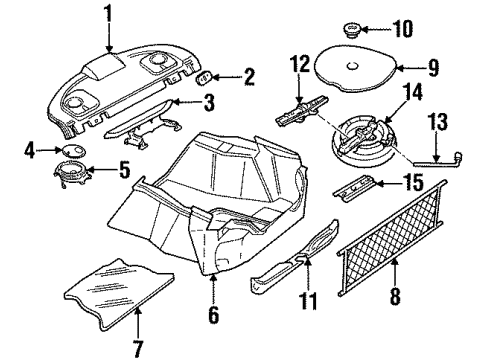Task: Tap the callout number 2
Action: [x=249, y=75]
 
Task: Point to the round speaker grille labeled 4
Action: [x=72, y=149]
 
